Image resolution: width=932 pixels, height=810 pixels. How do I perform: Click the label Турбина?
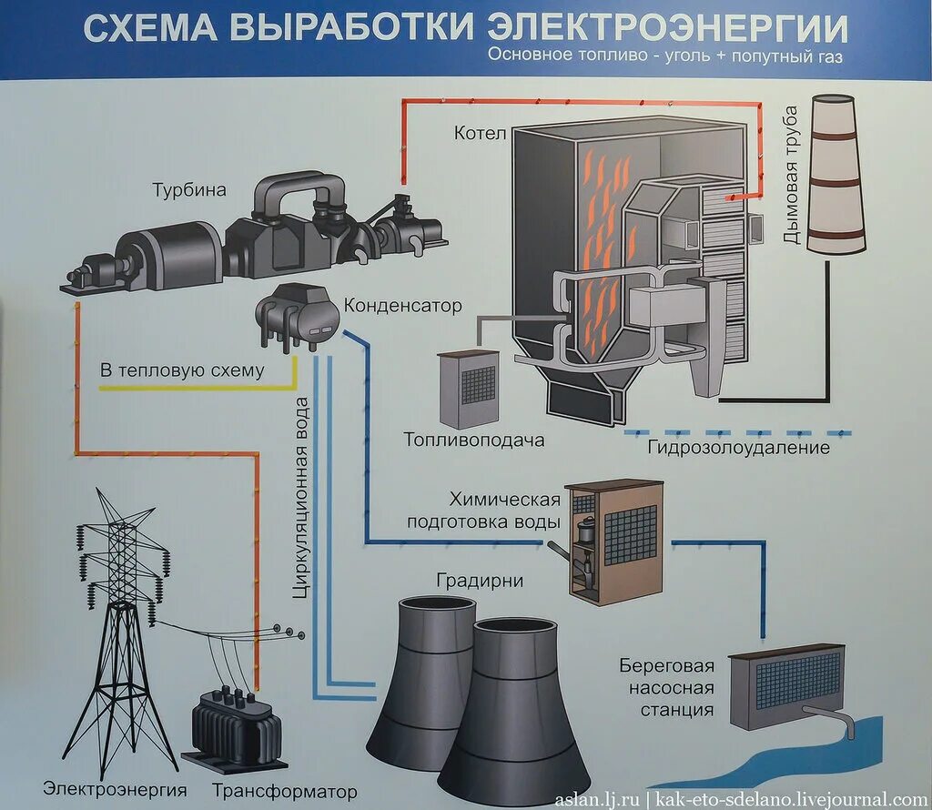(188, 190)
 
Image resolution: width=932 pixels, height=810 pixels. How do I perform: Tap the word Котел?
(479, 134)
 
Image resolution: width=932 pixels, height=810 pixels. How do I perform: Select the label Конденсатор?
(403, 306)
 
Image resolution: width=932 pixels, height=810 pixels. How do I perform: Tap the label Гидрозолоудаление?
(738, 448)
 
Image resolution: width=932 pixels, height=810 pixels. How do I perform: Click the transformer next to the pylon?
(235, 724)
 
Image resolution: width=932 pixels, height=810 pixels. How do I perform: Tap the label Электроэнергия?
(115, 789)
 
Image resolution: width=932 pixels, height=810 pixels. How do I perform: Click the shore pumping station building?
(786, 686)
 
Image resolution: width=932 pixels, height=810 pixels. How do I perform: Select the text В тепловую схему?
(182, 370)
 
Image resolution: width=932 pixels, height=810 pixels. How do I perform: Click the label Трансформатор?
(284, 790)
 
